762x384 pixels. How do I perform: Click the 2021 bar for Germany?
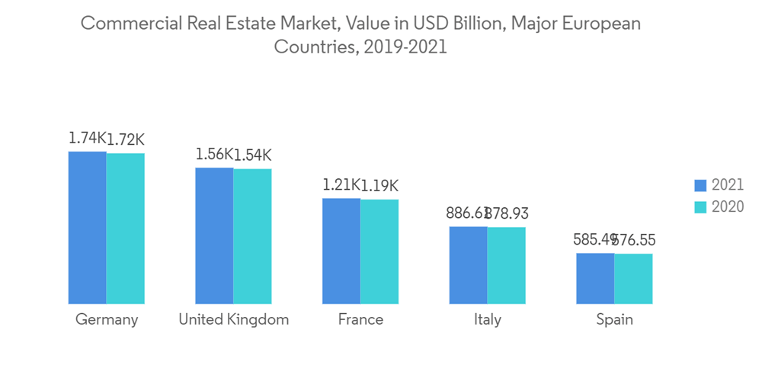tap(88, 228)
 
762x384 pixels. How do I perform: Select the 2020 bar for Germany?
tap(126, 229)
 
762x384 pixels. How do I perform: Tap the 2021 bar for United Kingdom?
tap(214, 236)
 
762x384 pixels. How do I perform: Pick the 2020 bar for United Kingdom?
tap(252, 237)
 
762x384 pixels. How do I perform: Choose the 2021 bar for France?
tap(341, 251)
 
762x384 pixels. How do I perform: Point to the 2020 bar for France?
tap(379, 252)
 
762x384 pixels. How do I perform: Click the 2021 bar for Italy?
tap(468, 265)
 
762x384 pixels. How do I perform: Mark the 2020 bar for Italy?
tap(507, 266)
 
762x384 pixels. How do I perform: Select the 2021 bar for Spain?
tap(595, 278)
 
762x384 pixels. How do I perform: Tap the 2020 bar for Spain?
tap(633, 279)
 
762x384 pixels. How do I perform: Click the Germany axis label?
tap(107, 319)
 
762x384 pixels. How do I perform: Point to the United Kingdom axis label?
tap(233, 319)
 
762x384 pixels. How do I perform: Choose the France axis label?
tap(360, 319)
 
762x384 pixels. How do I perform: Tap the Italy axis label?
tap(487, 319)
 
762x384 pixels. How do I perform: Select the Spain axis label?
tap(614, 319)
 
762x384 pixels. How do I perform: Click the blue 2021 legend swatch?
tap(701, 185)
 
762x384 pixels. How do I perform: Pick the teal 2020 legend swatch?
tap(701, 207)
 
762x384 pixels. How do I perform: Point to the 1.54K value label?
tap(252, 155)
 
